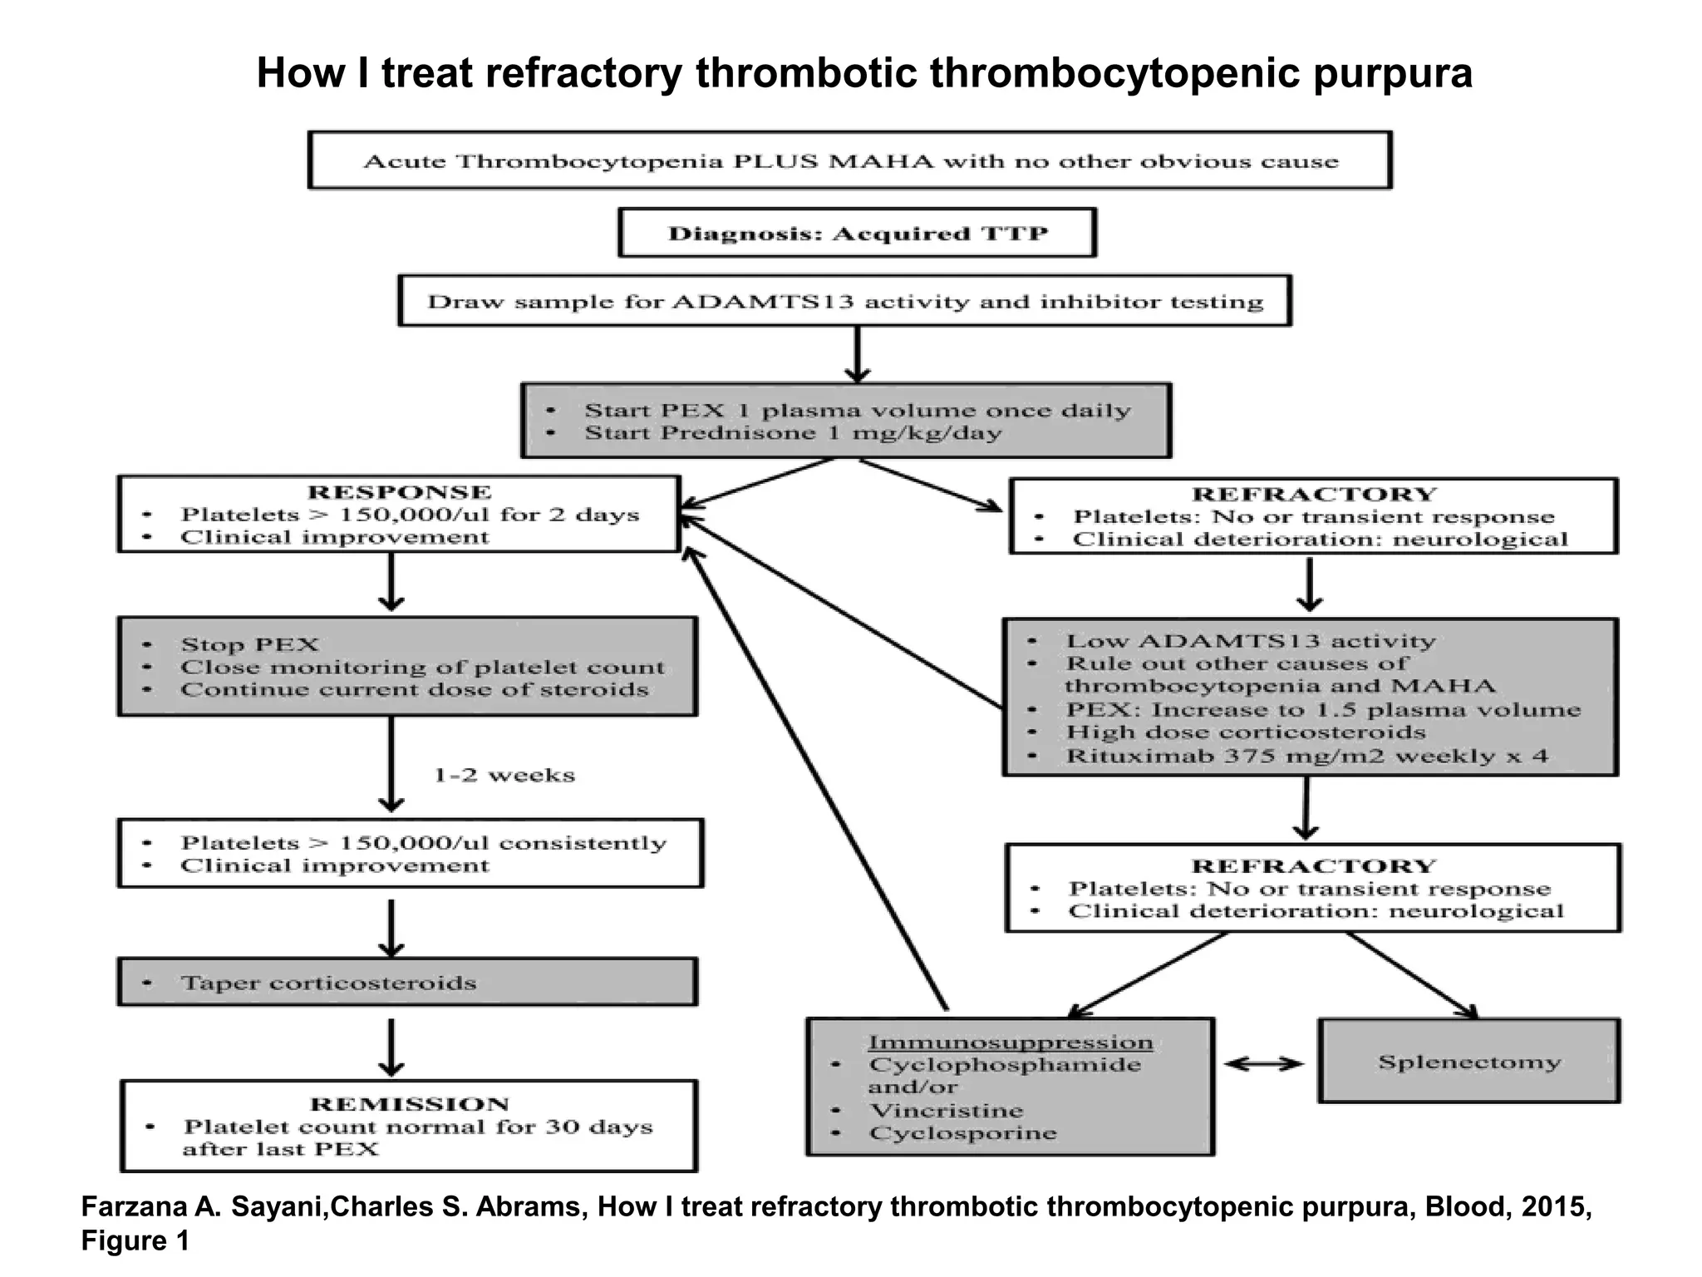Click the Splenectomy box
click(1468, 1062)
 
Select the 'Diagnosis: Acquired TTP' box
click(857, 234)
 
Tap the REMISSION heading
click(409, 1104)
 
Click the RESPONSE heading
click(399, 492)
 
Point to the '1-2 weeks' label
click(504, 775)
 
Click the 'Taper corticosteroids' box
click(407, 983)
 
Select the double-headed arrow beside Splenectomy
click(1264, 1063)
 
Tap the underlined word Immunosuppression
click(1010, 1043)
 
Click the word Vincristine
click(946, 1111)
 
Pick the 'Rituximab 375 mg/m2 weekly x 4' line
click(1306, 757)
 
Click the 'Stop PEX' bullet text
click(249, 645)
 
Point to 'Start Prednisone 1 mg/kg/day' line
click(793, 433)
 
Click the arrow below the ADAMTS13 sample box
click(857, 353)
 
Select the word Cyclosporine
click(962, 1133)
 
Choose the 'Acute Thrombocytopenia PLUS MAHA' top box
click(850, 161)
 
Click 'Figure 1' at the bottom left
click(135, 1240)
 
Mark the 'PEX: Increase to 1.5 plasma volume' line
click(1322, 710)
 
